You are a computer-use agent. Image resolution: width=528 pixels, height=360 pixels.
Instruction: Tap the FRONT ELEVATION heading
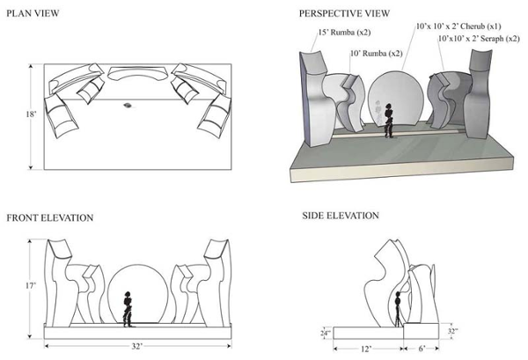pos(49,217)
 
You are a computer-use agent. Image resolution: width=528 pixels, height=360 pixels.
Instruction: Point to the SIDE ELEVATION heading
pos(341,216)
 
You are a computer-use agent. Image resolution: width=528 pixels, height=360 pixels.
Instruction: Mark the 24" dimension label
pos(326,333)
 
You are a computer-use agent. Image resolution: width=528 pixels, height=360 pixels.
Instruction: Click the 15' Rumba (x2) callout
pos(342,34)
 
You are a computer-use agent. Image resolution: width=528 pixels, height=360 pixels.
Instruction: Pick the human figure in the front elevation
pos(128,308)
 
